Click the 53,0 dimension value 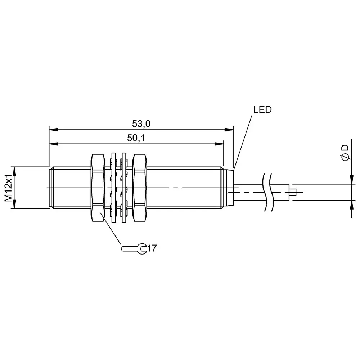(141, 124)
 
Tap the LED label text (262, 110)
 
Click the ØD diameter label (345, 153)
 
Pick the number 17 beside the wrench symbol (152, 248)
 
